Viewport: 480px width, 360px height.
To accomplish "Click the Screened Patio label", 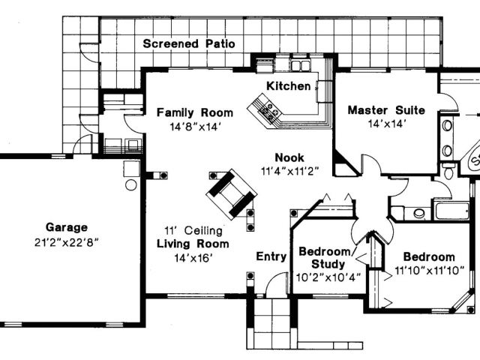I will (x=189, y=43).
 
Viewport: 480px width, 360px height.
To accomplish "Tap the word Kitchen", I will (x=289, y=86).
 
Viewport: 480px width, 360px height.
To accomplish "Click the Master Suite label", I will (x=386, y=110).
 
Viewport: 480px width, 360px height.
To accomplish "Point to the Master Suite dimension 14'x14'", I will (x=386, y=124).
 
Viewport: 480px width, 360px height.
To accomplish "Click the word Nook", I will (x=289, y=157).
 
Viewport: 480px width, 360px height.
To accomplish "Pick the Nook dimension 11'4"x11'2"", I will (x=290, y=170).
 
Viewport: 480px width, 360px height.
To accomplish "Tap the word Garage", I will (x=67, y=227).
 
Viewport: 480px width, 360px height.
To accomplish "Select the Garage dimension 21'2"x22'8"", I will (x=67, y=241).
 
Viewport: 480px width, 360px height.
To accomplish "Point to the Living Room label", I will (x=193, y=244).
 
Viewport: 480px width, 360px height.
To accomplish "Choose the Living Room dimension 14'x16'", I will (x=193, y=258).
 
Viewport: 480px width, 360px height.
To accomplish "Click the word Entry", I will (x=271, y=256).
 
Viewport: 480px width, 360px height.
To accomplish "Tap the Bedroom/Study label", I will (x=328, y=257).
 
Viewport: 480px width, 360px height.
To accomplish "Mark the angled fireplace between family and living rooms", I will (x=232, y=192).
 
